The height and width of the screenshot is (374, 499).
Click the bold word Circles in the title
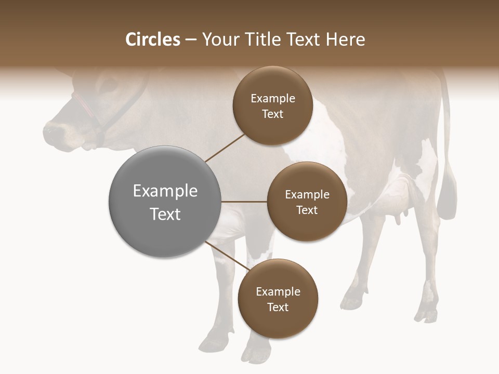pyautogui.click(x=152, y=39)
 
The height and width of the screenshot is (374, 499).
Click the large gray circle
pyautogui.click(x=165, y=202)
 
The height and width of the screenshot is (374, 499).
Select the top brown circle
pyautogui.click(x=272, y=105)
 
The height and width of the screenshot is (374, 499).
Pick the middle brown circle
pyautogui.click(x=307, y=202)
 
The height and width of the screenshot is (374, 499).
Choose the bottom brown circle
pyautogui.click(x=278, y=299)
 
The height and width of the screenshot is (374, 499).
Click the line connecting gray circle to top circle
pyautogui.click(x=226, y=147)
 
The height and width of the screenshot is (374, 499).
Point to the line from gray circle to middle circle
pyautogui.click(x=244, y=202)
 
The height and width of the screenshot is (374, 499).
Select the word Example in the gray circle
pyautogui.click(x=165, y=191)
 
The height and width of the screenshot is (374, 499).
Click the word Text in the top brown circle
pyautogui.click(x=272, y=114)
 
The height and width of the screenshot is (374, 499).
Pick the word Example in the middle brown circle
pyautogui.click(x=307, y=194)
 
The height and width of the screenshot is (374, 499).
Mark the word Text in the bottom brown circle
pyautogui.click(x=278, y=307)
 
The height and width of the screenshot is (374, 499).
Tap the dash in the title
pyautogui.click(x=190, y=40)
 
